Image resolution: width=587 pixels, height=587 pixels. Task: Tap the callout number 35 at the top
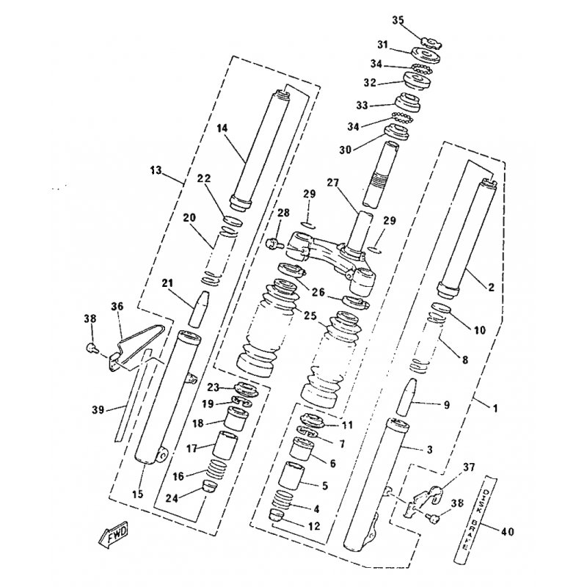398,21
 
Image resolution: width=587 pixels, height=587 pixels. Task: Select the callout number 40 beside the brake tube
506,531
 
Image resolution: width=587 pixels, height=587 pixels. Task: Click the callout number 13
156,171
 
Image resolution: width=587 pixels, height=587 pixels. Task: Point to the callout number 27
332,183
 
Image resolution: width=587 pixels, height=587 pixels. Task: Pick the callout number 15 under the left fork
138,494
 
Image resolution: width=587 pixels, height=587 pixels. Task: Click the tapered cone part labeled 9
407,397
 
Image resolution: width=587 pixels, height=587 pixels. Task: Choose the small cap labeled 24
208,486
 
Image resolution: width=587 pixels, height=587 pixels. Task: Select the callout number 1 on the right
495,409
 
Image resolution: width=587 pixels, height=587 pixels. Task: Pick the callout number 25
309,316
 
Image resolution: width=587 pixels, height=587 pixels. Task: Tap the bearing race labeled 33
409,102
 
